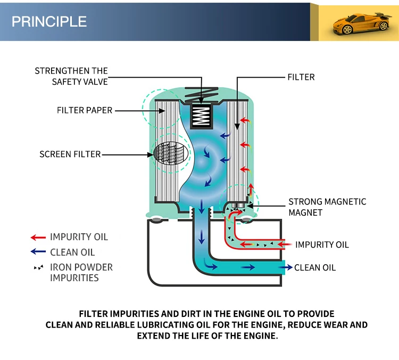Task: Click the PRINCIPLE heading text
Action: pyautogui.click(x=49, y=21)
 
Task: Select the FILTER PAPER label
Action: pyautogui.click(x=85, y=110)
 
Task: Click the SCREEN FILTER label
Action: pyautogui.click(x=70, y=154)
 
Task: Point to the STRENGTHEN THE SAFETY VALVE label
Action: pyautogui.click(x=71, y=76)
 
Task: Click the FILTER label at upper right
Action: pyautogui.click(x=301, y=77)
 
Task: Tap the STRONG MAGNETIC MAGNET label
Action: pyautogui.click(x=327, y=207)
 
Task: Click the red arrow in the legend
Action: pyautogui.click(x=38, y=238)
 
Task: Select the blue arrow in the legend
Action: pyautogui.click(x=38, y=252)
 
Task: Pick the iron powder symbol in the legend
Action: pyautogui.click(x=39, y=267)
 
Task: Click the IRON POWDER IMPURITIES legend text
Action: pyautogui.click(x=81, y=272)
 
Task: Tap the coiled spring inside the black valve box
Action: pyautogui.click(x=201, y=116)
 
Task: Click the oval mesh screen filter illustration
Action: pyautogui.click(x=171, y=153)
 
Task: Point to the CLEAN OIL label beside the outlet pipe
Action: pyautogui.click(x=315, y=267)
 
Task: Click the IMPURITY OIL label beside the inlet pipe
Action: pyautogui.click(x=322, y=244)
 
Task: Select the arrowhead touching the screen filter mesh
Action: pyautogui.click(x=151, y=154)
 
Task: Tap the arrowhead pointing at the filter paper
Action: pyautogui.click(x=162, y=111)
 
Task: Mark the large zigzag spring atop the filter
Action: pyautogui.click(x=202, y=95)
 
